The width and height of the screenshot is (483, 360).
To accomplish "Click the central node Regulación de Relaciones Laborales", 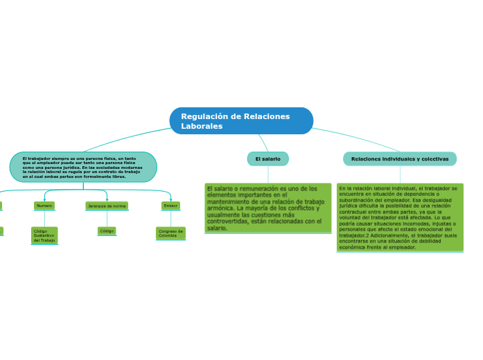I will click(241, 121).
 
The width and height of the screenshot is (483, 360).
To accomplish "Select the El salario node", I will click(267, 159).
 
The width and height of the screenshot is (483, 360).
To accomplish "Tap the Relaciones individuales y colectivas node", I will click(400, 159).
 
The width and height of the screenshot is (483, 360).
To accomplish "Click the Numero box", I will click(44, 206).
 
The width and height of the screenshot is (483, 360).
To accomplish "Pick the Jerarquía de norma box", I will click(107, 206).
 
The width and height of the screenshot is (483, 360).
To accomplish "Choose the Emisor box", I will click(170, 206).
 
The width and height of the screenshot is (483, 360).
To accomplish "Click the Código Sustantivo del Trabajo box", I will click(44, 235).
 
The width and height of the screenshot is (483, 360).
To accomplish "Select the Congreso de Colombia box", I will click(170, 233).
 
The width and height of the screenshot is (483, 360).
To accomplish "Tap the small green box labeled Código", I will click(107, 231).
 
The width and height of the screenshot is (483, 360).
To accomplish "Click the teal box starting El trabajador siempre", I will click(83, 168).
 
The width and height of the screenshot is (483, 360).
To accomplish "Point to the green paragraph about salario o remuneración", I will click(267, 208).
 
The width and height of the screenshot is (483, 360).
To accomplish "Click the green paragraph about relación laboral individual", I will click(400, 217).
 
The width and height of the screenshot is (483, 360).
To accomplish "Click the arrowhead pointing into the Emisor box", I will click(170, 199).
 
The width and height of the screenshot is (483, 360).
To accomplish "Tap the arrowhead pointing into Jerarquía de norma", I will click(107, 199).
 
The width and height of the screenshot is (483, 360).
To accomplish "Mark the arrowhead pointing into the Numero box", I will click(44, 199).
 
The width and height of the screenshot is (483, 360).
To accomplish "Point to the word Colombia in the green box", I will click(168, 236).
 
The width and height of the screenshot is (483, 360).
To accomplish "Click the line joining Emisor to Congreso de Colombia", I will click(170, 218).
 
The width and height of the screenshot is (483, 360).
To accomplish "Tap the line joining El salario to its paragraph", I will click(267, 174).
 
